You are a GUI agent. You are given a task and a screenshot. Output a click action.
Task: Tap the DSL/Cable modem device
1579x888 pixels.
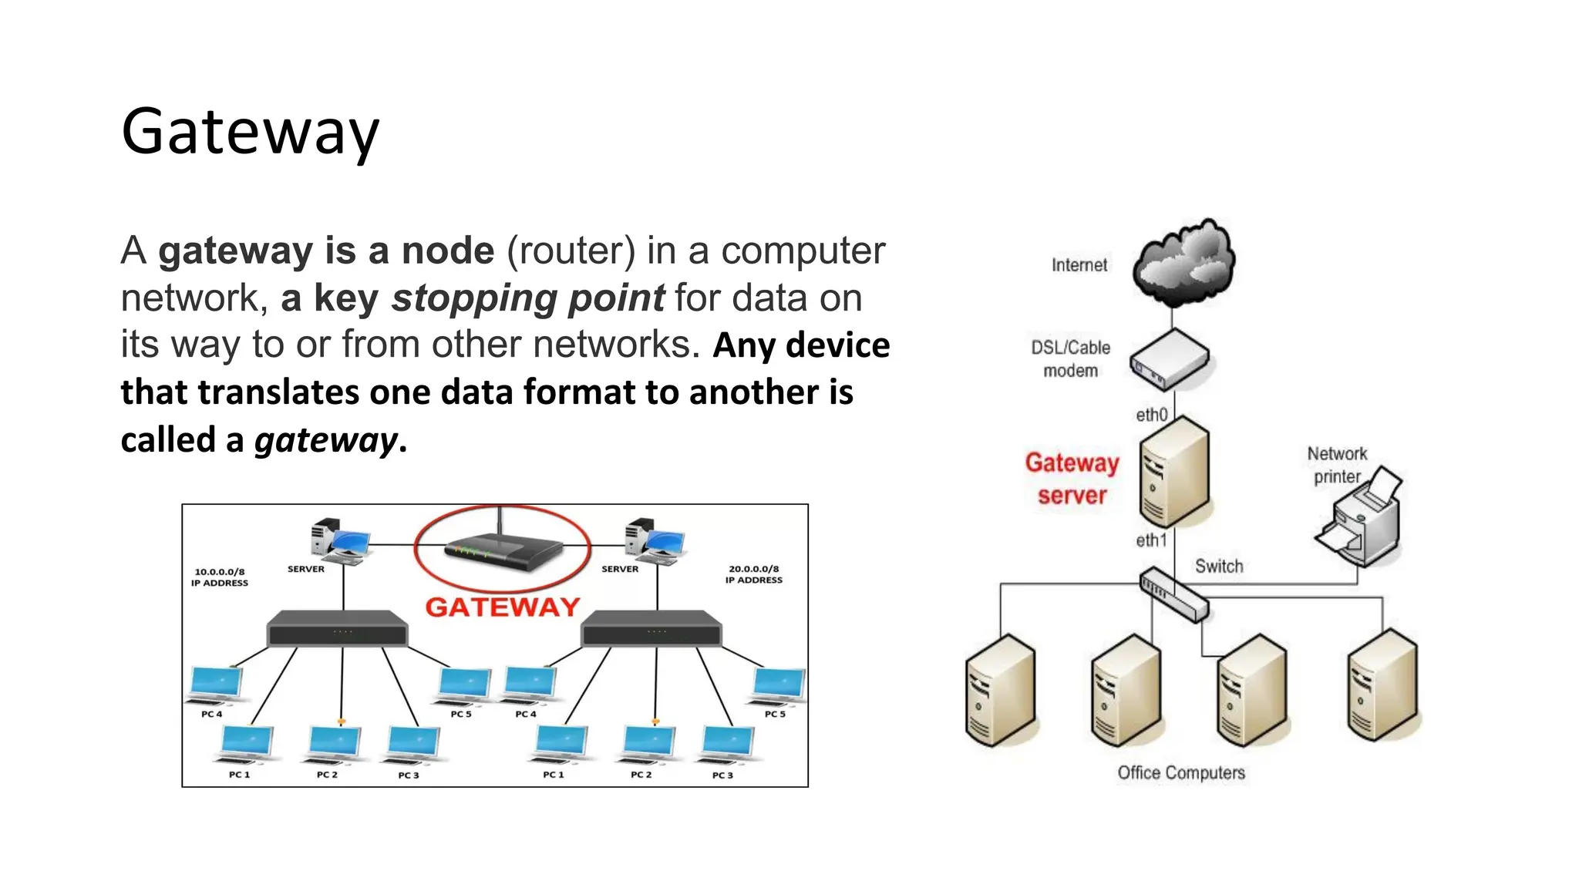tap(1169, 360)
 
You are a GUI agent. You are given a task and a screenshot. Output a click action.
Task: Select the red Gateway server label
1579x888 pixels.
tap(1072, 479)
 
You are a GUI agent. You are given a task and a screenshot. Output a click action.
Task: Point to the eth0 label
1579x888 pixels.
tap(1151, 415)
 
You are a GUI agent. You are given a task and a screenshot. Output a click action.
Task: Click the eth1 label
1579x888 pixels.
tap(1151, 540)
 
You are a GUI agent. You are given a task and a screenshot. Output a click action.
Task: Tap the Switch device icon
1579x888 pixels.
tap(1174, 594)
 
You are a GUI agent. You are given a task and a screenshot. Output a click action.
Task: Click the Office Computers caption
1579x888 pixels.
tap(1180, 773)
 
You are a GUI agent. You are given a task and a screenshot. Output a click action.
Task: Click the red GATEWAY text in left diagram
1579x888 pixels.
tap(502, 607)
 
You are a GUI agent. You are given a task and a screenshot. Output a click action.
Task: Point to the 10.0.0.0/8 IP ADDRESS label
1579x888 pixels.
tap(220, 577)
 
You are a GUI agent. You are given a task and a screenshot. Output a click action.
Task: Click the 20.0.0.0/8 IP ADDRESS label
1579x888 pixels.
tap(753, 574)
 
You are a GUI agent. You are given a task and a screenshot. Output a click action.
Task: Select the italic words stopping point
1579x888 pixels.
tap(527, 298)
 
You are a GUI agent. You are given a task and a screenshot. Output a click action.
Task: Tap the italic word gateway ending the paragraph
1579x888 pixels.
tap(325, 440)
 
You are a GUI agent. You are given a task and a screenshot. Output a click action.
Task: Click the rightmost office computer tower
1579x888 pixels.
tap(1382, 685)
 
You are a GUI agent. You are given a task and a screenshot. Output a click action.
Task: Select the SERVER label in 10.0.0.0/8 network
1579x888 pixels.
tap(306, 569)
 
